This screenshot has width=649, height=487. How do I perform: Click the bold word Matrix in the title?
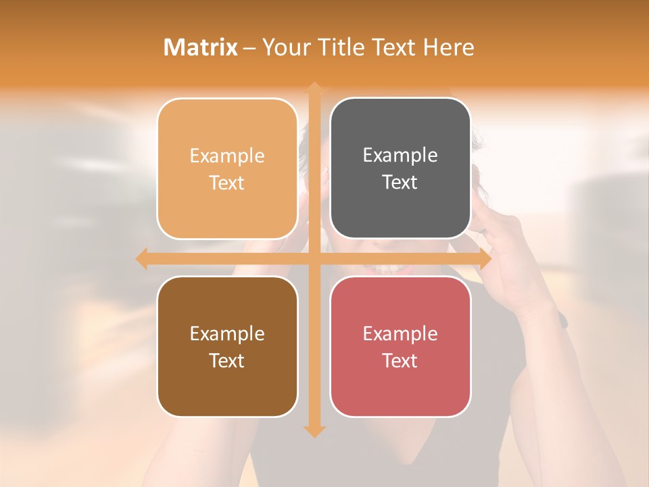pyautogui.click(x=201, y=47)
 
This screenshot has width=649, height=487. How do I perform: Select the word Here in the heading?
pyautogui.click(x=448, y=47)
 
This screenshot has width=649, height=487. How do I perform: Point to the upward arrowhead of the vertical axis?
pyautogui.click(x=314, y=88)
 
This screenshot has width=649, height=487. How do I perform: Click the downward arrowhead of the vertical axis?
pyautogui.click(x=314, y=430)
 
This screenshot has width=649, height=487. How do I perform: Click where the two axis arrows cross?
pyautogui.click(x=314, y=258)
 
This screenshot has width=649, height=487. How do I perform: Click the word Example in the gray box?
pyautogui.click(x=400, y=155)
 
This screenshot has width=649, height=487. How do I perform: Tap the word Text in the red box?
pyautogui.click(x=400, y=361)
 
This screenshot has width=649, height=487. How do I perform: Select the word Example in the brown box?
pyautogui.click(x=227, y=333)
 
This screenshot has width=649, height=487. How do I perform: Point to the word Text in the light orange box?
pyautogui.click(x=227, y=183)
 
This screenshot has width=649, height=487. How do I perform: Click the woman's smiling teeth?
pyautogui.click(x=386, y=270)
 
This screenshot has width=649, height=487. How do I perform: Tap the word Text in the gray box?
pyautogui.click(x=400, y=182)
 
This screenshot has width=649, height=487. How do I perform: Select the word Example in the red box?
pyautogui.click(x=400, y=333)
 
